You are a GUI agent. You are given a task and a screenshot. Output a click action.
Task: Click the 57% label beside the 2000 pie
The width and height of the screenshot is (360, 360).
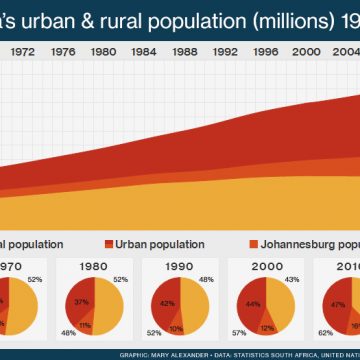239,332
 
